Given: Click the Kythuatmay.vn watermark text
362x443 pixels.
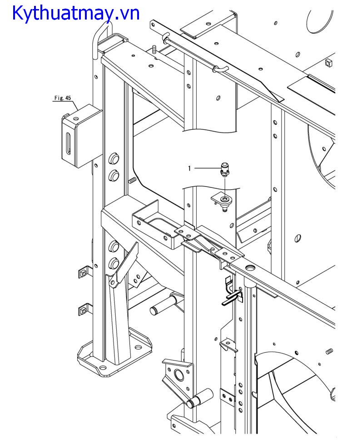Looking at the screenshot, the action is pos(76,13).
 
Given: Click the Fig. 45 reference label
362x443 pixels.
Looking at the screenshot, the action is pos(63,98).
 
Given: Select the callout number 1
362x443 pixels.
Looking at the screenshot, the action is pos(189,168).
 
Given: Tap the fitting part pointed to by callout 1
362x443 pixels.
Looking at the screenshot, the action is pos(224,169).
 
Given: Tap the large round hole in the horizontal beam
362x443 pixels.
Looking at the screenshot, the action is pos(250,267).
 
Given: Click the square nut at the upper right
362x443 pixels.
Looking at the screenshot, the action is pos(329,63).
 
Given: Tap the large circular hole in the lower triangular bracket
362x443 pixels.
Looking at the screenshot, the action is pos(179,374).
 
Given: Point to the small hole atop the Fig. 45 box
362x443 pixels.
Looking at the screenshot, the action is pos(75,118).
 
